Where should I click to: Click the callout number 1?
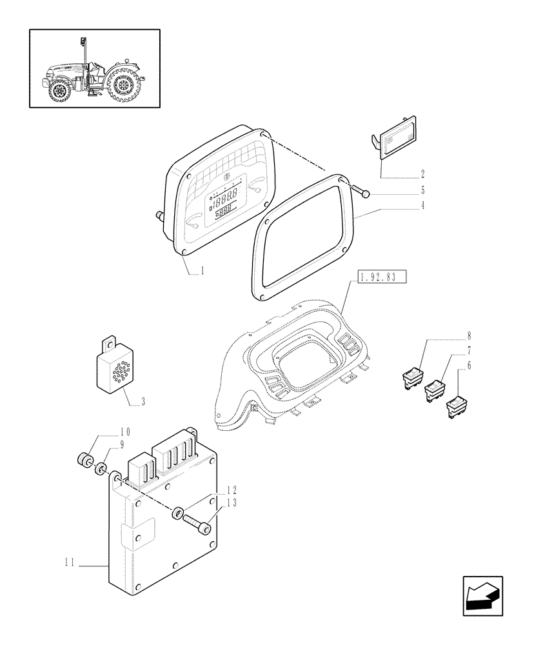pos(202,272)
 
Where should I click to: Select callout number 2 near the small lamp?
pos(422,174)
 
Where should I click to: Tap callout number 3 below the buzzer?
pos(143,401)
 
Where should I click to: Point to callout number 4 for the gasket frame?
pos(422,207)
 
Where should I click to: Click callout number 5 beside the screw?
pos(422,191)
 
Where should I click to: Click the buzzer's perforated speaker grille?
pos(114,374)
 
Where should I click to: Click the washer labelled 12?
pos(176,513)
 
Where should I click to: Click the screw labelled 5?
pos(361,191)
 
